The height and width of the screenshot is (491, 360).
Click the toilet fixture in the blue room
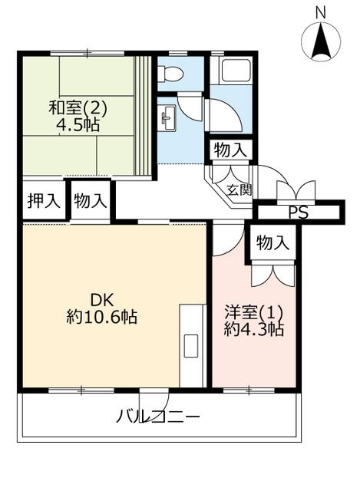tap(170, 74)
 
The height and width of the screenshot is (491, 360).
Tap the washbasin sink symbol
tap(168, 118)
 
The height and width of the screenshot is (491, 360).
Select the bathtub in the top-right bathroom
tap(236, 71)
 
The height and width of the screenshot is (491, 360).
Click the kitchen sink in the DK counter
tap(191, 346)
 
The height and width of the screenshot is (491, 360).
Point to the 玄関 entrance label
tap(239, 189)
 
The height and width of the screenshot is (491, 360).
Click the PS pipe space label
tap(298, 213)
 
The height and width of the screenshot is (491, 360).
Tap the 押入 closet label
tap(44, 201)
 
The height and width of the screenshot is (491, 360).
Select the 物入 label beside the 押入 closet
tap(91, 201)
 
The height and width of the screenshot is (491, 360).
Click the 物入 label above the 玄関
tap(230, 151)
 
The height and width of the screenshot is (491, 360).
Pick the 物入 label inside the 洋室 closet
tap(272, 243)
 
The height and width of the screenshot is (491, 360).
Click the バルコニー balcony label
tap(158, 417)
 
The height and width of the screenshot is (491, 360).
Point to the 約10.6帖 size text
tap(101, 318)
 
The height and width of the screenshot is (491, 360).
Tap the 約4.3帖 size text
tap(254, 329)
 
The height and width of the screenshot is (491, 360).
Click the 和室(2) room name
tap(78, 108)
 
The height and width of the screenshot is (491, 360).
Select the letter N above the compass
tap(320, 13)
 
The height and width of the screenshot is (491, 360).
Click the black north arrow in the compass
tap(321, 41)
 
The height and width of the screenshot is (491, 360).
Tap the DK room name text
tap(101, 301)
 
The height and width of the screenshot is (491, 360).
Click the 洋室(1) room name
tap(254, 312)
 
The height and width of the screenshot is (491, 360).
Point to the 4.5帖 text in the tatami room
tap(78, 126)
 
